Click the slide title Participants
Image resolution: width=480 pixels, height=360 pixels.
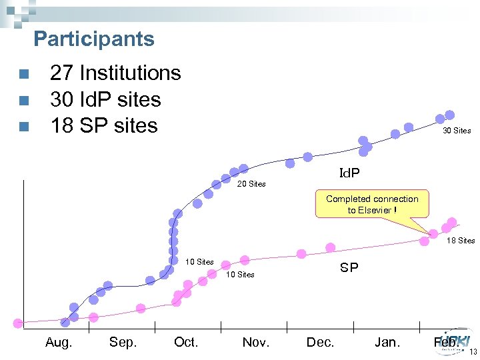point(94,39)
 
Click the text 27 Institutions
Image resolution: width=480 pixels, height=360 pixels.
point(115,73)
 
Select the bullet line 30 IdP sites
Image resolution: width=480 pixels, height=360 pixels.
point(105,99)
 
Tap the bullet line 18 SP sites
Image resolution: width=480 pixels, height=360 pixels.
point(104,125)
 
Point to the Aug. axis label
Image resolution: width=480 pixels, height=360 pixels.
point(59,343)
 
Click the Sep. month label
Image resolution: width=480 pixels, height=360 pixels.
point(123,343)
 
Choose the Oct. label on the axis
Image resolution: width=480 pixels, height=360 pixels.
point(186,343)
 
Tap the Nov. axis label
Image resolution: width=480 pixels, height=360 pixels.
point(256,343)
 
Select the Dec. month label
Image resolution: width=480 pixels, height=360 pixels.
point(320,343)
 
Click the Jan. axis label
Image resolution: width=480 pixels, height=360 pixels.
point(387,343)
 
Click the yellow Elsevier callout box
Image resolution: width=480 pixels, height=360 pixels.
point(372,204)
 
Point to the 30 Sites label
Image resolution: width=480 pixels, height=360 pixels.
point(457,131)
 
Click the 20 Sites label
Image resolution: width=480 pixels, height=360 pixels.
point(251,184)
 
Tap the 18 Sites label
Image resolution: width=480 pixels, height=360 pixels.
point(461,241)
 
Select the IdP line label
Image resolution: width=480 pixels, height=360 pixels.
point(349,173)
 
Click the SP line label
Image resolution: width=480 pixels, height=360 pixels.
point(349,268)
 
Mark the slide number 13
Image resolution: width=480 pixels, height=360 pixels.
point(473,353)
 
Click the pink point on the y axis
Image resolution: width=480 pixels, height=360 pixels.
point(17,323)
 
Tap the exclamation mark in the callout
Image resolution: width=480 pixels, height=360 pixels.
point(395,210)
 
